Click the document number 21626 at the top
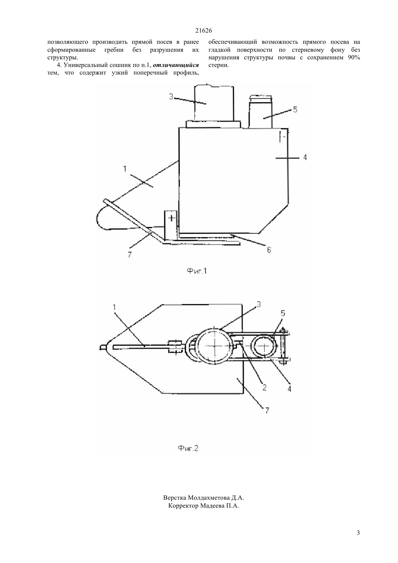pos(203,31)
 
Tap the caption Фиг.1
pos(196,271)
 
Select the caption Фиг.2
pos(188,448)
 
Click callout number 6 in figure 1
pos(269,250)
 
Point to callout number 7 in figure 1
pos(130,255)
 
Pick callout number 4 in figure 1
pos(305,157)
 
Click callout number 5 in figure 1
pos(295,110)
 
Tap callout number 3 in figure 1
pos(171,97)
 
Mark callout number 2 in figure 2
pos(264,387)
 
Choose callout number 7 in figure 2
pos(267,410)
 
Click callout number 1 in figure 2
pos(114,307)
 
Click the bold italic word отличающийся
pos(176,65)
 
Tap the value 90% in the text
pos(354,58)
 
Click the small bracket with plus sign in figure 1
pos(171,225)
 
